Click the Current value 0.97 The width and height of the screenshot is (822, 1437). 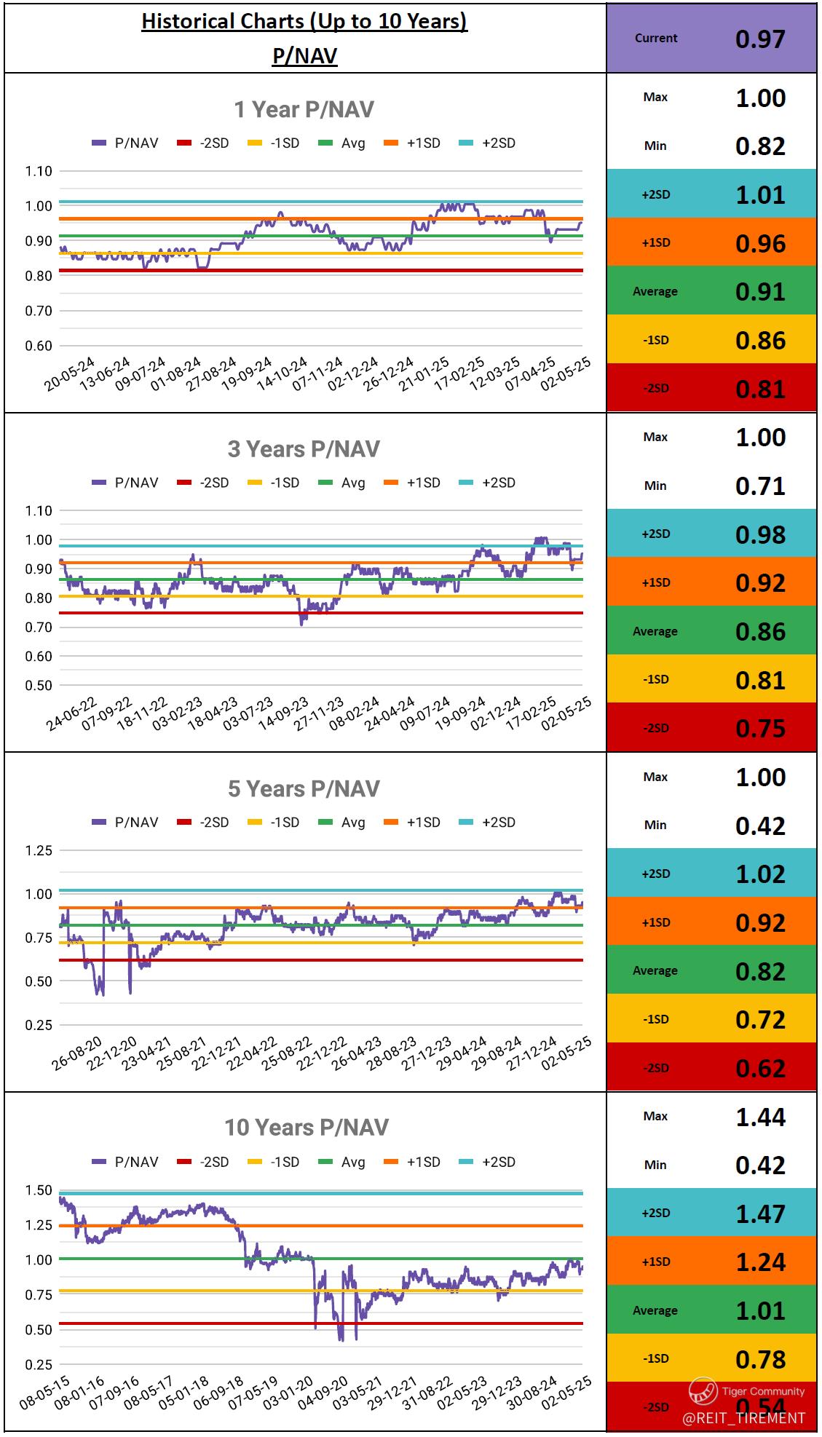(760, 39)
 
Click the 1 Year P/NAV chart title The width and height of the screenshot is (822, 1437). (304, 109)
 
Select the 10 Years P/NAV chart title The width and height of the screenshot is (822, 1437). (306, 1128)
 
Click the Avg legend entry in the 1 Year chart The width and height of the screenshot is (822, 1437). (342, 143)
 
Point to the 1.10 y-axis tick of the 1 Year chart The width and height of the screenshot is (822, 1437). (39, 171)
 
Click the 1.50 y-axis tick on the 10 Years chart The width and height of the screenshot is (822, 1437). (39, 1190)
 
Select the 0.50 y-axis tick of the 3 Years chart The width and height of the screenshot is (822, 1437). (39, 685)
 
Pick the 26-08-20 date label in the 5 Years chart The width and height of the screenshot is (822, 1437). (76, 1054)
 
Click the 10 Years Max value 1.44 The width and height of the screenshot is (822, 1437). (760, 1117)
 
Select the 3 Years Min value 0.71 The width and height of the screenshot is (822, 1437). (760, 486)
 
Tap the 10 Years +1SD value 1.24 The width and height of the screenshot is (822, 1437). (760, 1262)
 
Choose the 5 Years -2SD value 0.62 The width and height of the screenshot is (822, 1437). (760, 1068)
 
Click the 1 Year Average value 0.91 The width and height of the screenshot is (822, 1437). (760, 291)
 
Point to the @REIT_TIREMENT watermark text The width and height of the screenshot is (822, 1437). (743, 1417)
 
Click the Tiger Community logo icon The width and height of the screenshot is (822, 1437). (703, 1391)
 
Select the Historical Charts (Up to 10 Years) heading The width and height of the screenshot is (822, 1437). (304, 21)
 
